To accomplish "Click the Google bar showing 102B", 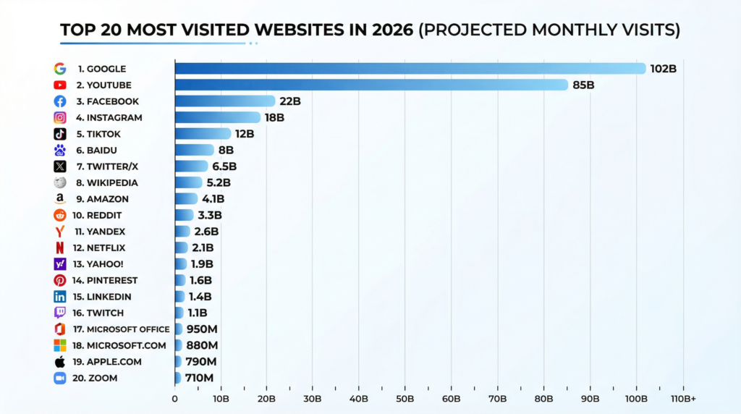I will [x=410, y=69].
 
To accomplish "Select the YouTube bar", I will [x=371, y=85].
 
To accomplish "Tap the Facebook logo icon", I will [x=60, y=101].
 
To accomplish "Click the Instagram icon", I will [x=60, y=118].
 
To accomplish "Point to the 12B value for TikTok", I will [x=245, y=134].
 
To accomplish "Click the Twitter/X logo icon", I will [x=60, y=166].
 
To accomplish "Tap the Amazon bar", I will [x=187, y=199].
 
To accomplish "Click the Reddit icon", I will [x=60, y=216].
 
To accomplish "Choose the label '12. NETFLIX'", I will [x=101, y=248].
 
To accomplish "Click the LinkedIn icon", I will [x=60, y=297].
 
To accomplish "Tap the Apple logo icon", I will [x=60, y=361].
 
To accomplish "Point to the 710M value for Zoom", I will [x=199, y=378].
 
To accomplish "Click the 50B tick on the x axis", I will [x=405, y=399].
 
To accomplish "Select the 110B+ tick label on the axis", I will [x=683, y=399].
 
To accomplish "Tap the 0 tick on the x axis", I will [x=175, y=399].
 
